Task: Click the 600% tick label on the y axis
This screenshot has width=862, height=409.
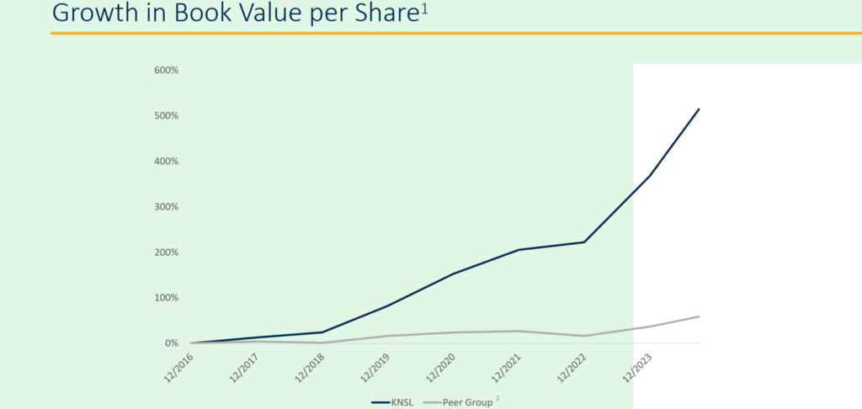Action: click(x=166, y=70)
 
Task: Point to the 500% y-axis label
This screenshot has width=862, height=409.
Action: click(x=166, y=115)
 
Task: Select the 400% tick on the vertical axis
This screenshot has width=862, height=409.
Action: click(x=166, y=161)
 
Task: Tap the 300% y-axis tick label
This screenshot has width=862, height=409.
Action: click(x=166, y=206)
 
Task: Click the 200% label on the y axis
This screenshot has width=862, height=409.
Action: click(x=166, y=252)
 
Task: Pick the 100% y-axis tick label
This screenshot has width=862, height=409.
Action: click(x=166, y=298)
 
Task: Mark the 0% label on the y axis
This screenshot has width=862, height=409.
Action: click(x=171, y=343)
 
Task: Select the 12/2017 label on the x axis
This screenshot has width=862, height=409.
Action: click(x=242, y=368)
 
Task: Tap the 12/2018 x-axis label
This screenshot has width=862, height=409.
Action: click(x=308, y=368)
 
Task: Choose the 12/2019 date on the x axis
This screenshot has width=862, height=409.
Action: click(x=374, y=368)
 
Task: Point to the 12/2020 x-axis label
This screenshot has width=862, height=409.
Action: click(x=439, y=368)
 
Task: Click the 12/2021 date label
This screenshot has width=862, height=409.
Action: click(x=505, y=368)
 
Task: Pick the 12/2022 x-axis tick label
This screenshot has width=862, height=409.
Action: click(x=570, y=368)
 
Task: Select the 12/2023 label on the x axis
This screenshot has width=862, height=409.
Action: click(x=636, y=368)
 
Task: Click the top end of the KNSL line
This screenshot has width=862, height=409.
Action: click(x=699, y=109)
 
